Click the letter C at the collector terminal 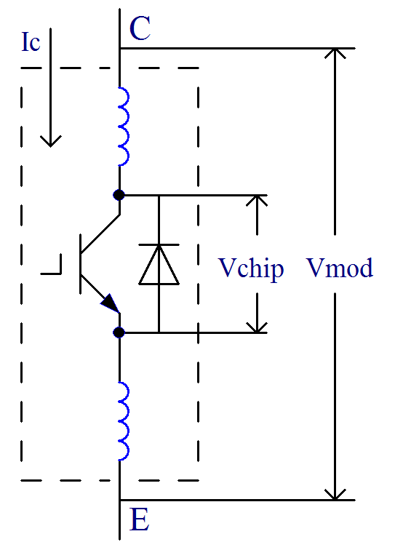[140, 28]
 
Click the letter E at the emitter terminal [140, 519]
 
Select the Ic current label [31, 42]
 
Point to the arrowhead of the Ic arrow [50, 141]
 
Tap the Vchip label [251, 269]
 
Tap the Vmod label [340, 268]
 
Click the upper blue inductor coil [124, 127]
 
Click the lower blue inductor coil [124, 421]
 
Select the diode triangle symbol [159, 265]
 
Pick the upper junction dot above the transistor [119, 195]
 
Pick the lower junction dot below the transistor [119, 332]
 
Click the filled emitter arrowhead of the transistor [111, 304]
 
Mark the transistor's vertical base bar [81, 264]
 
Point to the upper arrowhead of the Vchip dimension [257, 201]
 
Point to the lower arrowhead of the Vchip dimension [257, 327]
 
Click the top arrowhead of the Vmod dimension [335, 54]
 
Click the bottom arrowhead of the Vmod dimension [335, 495]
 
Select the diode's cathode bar [159, 244]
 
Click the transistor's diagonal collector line [100, 234]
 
